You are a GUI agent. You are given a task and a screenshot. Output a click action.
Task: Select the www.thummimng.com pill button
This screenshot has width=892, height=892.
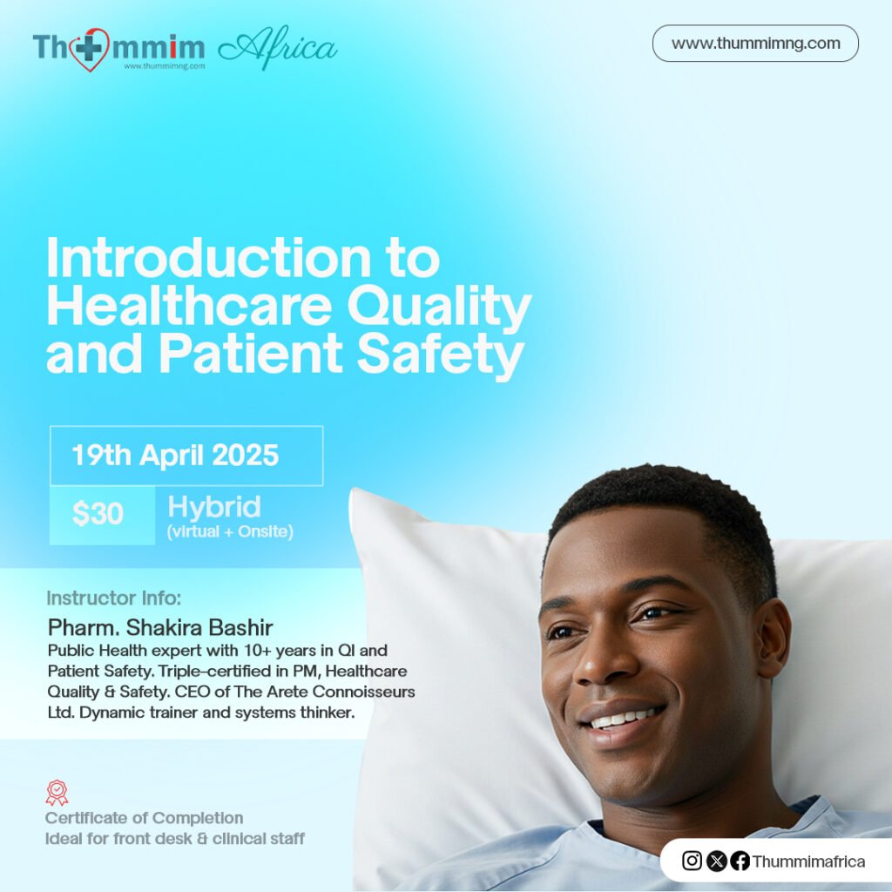click(x=755, y=44)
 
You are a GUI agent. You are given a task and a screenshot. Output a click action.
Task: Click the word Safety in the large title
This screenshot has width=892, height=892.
click(x=448, y=355)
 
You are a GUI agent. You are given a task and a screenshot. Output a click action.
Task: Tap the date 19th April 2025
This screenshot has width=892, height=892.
click(x=175, y=455)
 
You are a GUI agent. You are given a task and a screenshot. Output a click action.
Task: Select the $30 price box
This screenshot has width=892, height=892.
click(x=98, y=515)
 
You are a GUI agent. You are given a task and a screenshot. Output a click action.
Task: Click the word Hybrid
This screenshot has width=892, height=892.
click(x=214, y=506)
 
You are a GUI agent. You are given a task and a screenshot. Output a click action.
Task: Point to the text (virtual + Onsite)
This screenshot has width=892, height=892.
click(x=229, y=531)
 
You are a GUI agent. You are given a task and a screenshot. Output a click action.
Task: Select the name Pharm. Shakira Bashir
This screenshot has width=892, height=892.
click(x=161, y=627)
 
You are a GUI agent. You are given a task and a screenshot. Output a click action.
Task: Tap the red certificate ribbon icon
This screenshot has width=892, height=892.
click(x=57, y=793)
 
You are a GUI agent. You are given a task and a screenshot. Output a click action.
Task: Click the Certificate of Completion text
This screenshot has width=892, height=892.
click(x=145, y=818)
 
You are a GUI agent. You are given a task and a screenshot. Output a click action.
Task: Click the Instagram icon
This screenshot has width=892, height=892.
click(x=693, y=861)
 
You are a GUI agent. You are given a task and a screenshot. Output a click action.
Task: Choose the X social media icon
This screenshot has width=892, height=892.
click(x=717, y=861)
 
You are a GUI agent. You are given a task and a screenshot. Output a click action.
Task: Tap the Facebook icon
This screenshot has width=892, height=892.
click(x=740, y=861)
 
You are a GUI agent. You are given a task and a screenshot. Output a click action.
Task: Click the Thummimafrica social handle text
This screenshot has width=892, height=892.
click(x=808, y=862)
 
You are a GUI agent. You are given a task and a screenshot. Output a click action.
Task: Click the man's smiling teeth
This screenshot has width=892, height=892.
click(x=623, y=719)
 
